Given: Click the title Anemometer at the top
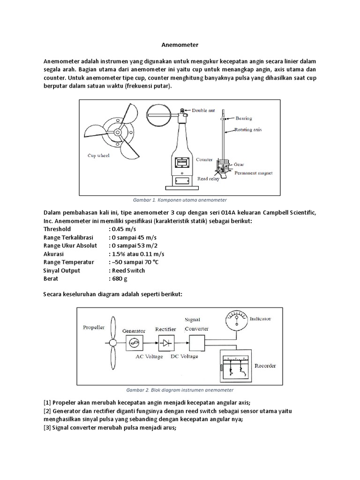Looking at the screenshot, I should click(x=180, y=45).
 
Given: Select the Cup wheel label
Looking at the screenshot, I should click(x=98, y=156).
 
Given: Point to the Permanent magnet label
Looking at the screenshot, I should click(x=254, y=173).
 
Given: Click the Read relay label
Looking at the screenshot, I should click(x=208, y=179).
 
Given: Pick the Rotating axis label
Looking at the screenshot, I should click(x=248, y=130).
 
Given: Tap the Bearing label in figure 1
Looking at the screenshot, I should click(x=244, y=119).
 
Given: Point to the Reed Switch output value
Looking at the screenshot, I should click(x=128, y=270).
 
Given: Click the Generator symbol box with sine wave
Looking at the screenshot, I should click(x=134, y=343).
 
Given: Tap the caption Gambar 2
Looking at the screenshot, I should click(x=180, y=390).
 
